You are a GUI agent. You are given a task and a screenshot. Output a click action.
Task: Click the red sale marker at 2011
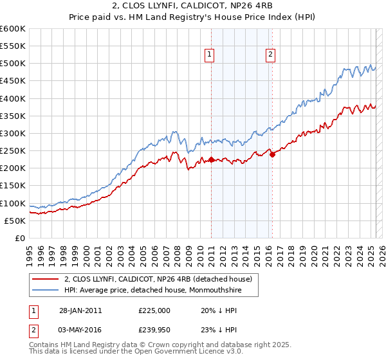211,159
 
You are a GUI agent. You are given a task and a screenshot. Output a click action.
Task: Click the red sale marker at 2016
272,154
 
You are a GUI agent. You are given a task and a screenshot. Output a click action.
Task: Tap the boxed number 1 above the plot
210,55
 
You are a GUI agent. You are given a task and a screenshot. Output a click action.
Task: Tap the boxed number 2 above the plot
270,55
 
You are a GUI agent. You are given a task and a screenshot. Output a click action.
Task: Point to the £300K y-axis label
12,133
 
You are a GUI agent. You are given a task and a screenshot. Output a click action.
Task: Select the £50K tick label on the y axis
15,221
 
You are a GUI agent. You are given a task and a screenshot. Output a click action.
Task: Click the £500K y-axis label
12,63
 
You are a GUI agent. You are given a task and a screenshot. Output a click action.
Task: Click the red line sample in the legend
45,279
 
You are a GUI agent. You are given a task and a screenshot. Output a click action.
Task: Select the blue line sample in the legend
45,290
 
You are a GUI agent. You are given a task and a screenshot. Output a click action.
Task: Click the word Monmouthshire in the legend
220,290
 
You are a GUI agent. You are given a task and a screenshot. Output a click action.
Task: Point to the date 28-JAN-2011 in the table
80,310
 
